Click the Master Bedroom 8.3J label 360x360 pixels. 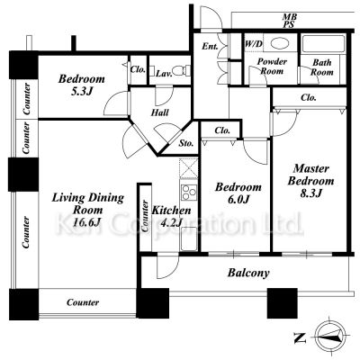pyautogui.click(x=310, y=181)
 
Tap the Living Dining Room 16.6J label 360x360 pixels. pyautogui.click(x=88, y=210)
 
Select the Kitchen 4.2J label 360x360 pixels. pyautogui.click(x=171, y=216)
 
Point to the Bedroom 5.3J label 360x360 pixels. pyautogui.click(x=82, y=85)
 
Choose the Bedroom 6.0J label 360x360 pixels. pyautogui.click(x=238, y=193)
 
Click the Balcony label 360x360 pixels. pyautogui.click(x=248, y=273)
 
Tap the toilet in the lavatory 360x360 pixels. pyautogui.click(x=183, y=71)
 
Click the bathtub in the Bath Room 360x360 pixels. pyautogui.click(x=323, y=44)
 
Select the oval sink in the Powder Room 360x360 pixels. pyautogui.click(x=280, y=43)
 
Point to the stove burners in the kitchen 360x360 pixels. pyautogui.click(x=189, y=193)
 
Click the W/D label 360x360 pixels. pyautogui.click(x=254, y=44)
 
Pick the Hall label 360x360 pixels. pyautogui.click(x=159, y=112)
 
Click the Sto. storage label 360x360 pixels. pyautogui.click(x=186, y=143)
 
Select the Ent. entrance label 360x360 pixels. pyautogui.click(x=210, y=47)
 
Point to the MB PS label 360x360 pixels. pyautogui.click(x=289, y=21)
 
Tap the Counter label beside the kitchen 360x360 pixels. pyautogui.click(x=145, y=216)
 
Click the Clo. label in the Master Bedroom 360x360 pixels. pyautogui.click(x=309, y=97)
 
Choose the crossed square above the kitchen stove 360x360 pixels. pyautogui.click(x=188, y=168)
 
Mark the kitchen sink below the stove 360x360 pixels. pyautogui.click(x=189, y=238)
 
